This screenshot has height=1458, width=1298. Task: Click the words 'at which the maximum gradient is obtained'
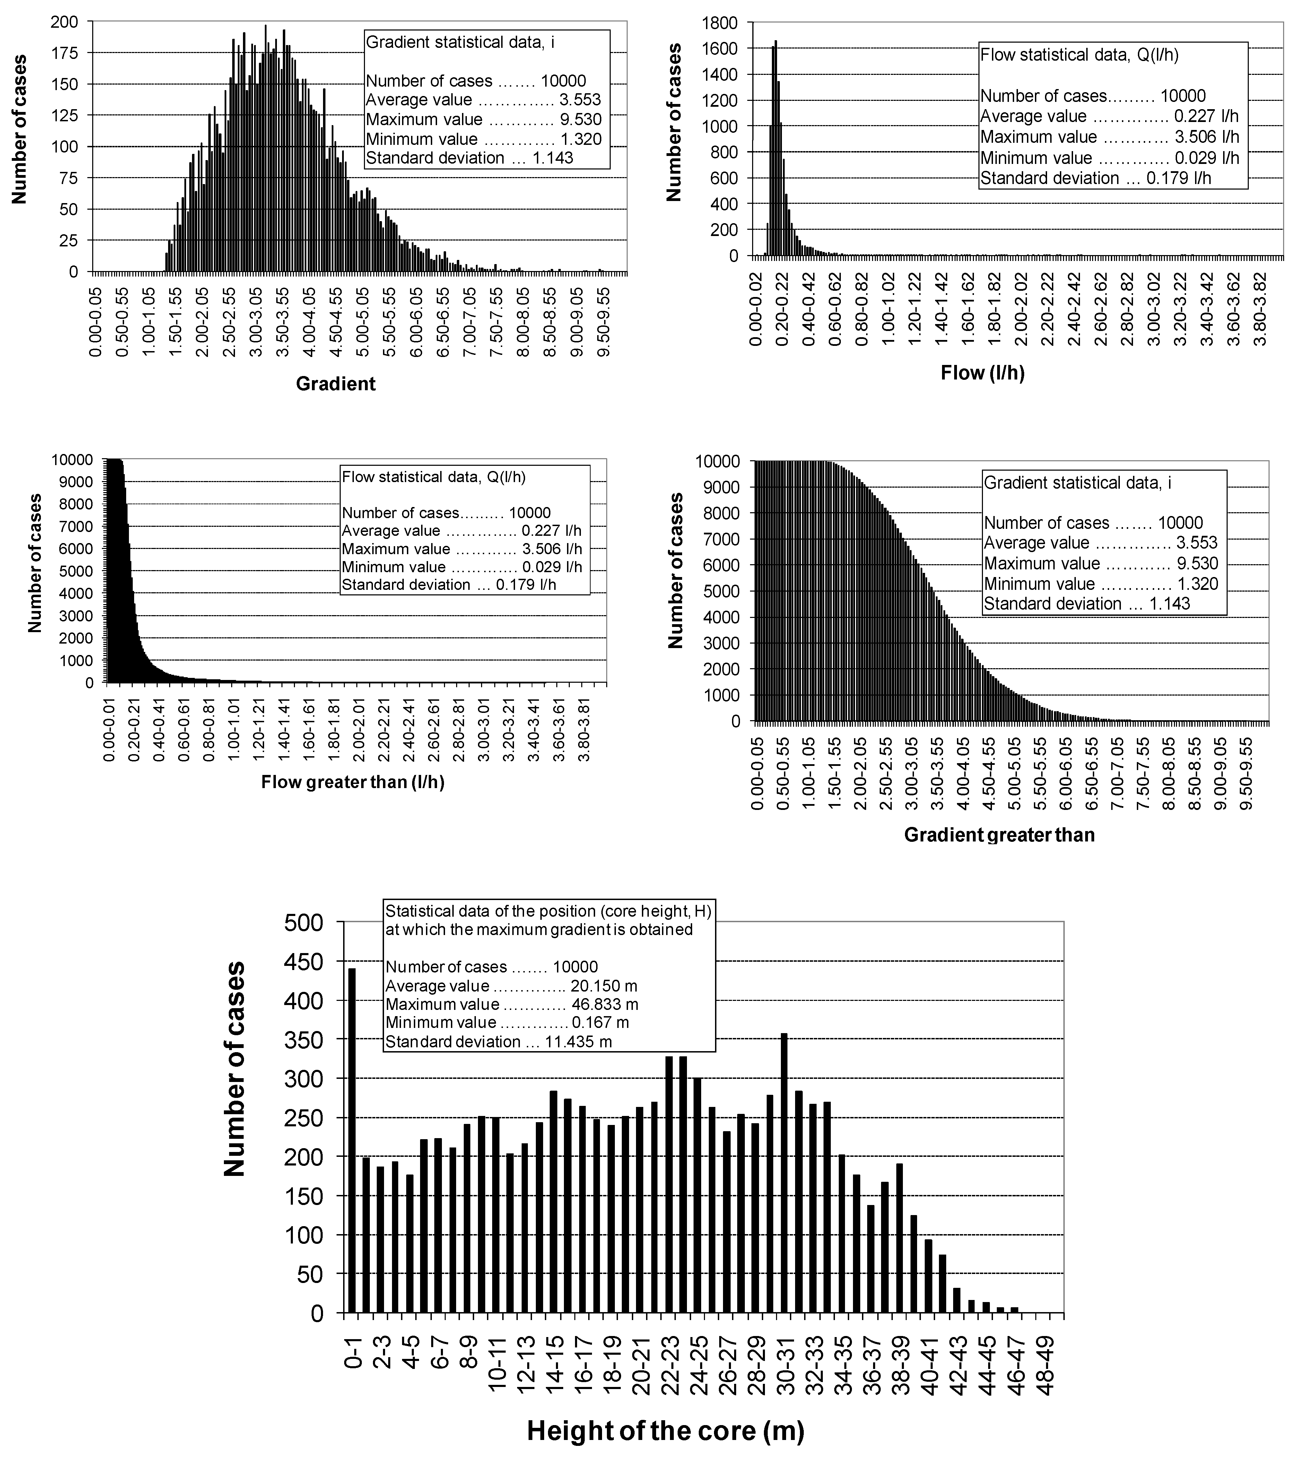(x=539, y=929)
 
